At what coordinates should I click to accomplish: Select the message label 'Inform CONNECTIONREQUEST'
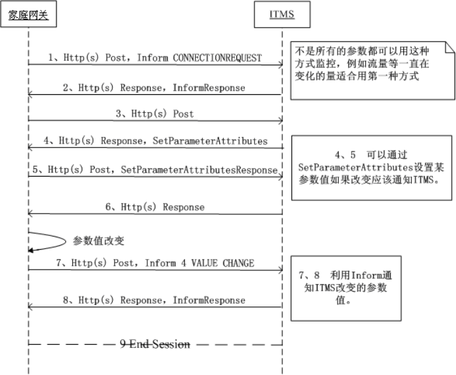point(199,58)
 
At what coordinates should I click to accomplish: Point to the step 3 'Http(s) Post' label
point(155,113)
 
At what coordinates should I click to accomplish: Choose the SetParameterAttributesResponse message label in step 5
point(199,170)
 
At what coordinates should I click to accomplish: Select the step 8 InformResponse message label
point(209,301)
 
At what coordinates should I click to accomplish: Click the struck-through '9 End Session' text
point(155,344)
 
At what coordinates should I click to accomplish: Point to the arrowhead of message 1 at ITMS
point(280,64)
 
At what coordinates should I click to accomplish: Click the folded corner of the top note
point(449,46)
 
